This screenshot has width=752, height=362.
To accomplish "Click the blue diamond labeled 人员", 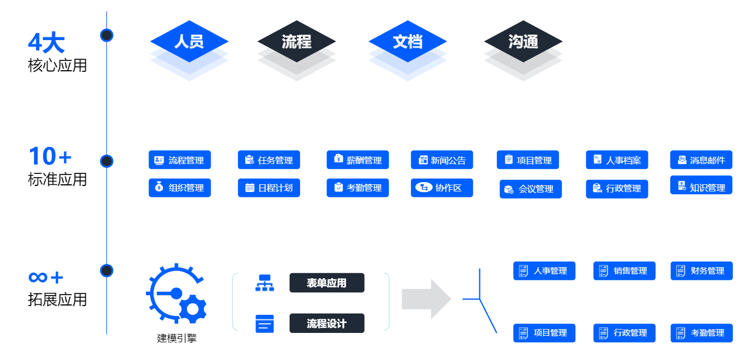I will pos(189,41).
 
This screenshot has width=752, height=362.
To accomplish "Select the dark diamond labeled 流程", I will pos(297,41).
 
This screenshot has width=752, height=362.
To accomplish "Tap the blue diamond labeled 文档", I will pos(408,41).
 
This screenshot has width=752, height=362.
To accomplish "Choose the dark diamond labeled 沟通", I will pos(523,41).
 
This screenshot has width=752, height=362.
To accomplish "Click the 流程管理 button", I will pos(180,160).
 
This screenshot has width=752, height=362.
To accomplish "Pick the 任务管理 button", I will pos(269,160).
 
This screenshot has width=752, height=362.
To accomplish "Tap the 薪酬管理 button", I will pos(358,160).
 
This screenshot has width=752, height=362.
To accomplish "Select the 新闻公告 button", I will pos(442,160).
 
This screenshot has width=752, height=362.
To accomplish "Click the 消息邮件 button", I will pos(702,160).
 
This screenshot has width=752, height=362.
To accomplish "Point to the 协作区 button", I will pos(442,188).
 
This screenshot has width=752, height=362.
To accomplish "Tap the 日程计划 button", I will pos(269,188).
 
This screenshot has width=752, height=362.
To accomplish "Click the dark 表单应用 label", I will pos(327,283).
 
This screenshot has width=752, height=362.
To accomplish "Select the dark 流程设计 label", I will pos(327,324).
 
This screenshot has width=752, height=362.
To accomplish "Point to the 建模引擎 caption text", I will pos(177,338).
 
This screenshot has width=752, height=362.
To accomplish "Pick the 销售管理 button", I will pos(624,271).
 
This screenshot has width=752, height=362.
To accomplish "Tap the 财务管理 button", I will pos(702,271).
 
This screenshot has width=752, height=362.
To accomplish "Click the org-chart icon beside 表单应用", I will pos(265,283).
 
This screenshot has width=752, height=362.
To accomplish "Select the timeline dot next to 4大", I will pos(107,35).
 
